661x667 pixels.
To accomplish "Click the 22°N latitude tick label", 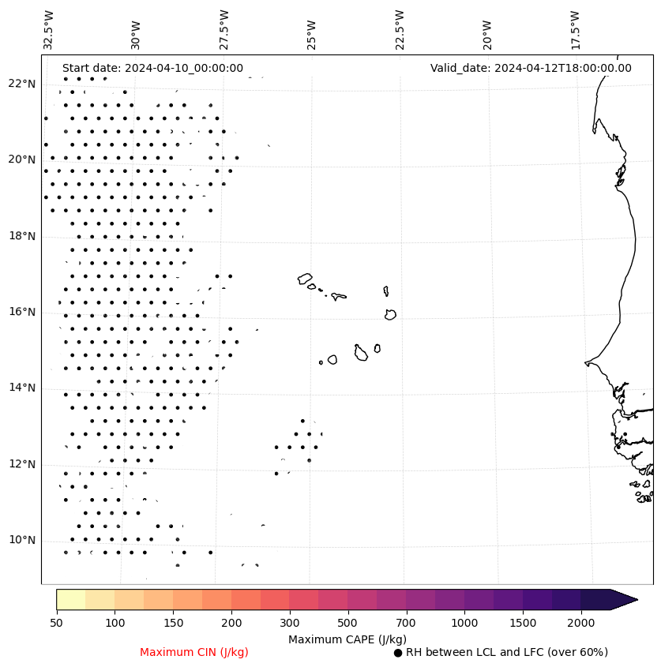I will [x=22, y=84].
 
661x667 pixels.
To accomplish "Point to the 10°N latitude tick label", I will [x=22, y=541].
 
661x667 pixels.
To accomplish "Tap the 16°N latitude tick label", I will [x=22, y=313].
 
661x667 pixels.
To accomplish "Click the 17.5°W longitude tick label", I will [x=575, y=29].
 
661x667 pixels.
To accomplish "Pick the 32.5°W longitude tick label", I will [x=48, y=29].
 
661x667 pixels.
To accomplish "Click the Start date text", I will [x=152, y=68].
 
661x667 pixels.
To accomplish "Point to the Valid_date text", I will [x=531, y=68].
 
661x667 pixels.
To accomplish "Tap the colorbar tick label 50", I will [x=56, y=624].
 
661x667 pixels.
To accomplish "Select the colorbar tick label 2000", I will [x=581, y=624].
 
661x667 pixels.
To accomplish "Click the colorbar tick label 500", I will [x=347, y=624].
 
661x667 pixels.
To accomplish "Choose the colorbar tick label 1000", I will [x=464, y=624].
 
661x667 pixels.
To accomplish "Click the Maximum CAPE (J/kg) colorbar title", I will [x=347, y=639].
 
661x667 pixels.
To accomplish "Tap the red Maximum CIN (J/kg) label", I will [x=194, y=652].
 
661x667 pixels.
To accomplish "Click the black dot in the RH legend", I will [x=398, y=653].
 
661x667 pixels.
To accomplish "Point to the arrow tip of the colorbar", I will [x=636, y=599].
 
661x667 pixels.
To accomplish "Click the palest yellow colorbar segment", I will [x=70, y=599].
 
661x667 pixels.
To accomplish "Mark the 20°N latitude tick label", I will [x=22, y=159].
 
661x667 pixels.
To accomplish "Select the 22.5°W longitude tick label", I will [x=399, y=29].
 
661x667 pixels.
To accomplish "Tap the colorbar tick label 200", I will [x=231, y=624].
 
